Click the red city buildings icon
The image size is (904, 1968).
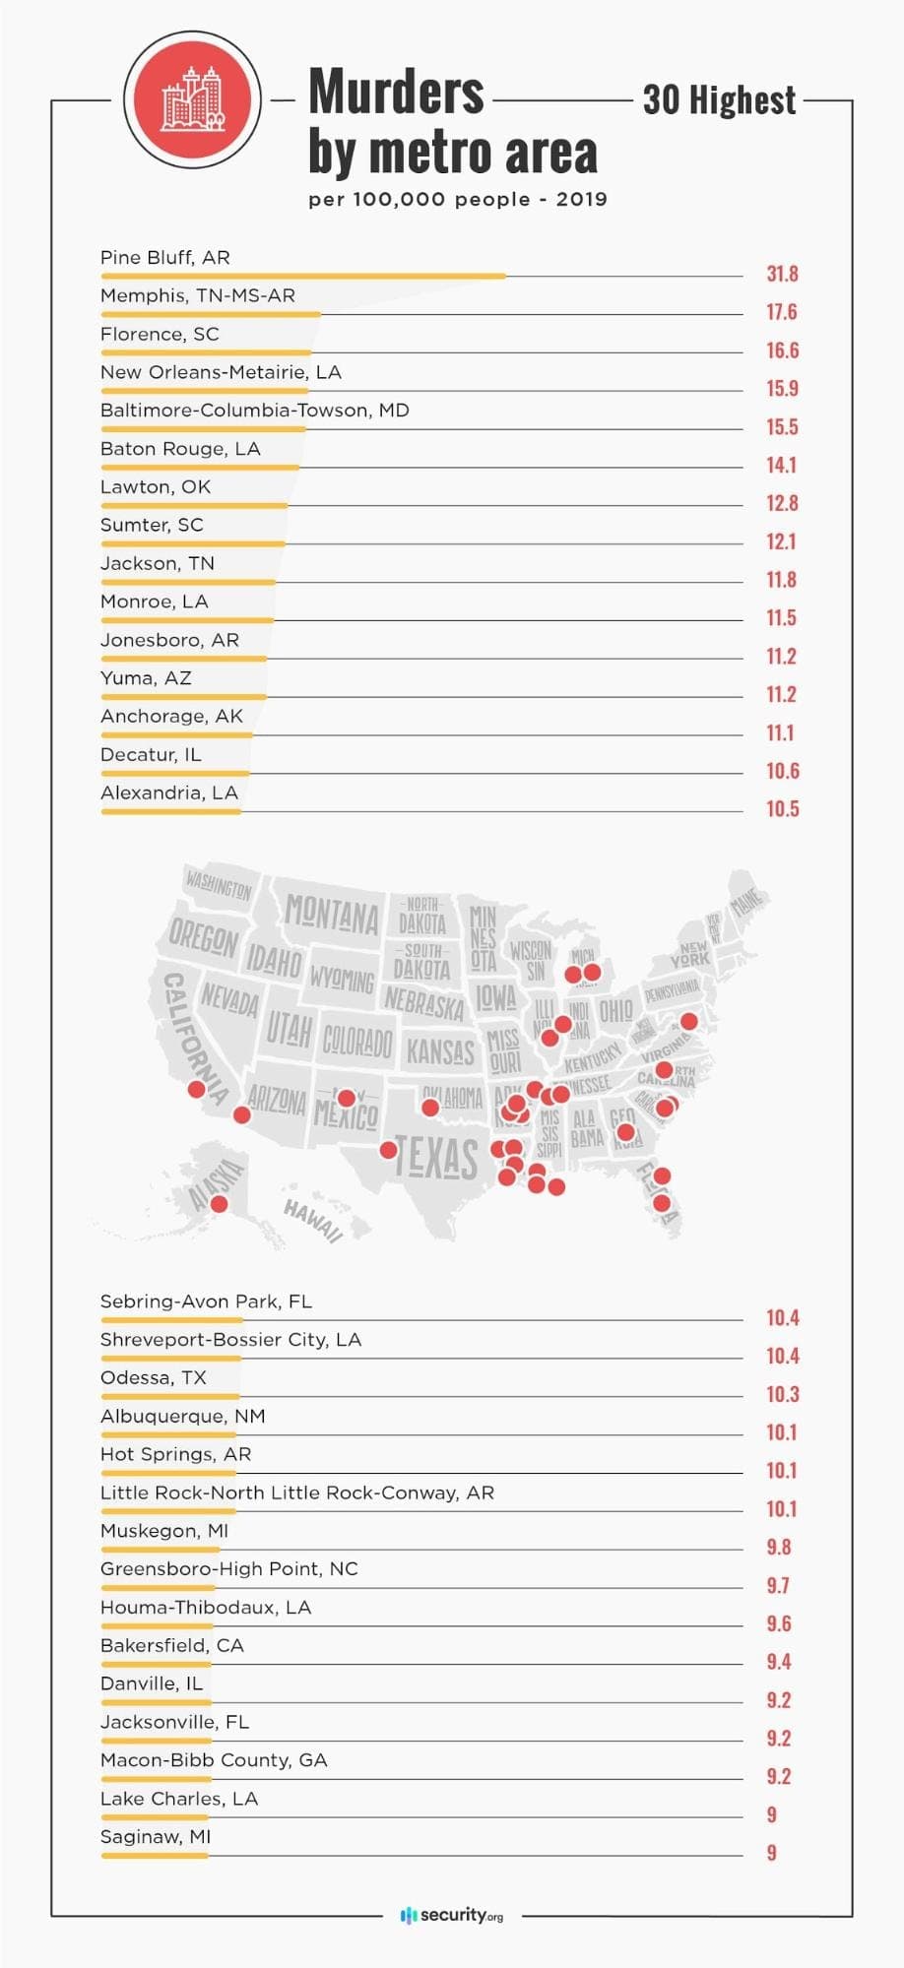193,99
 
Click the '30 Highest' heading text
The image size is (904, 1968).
719,100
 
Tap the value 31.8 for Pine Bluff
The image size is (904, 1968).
782,274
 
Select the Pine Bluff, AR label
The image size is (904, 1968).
164,258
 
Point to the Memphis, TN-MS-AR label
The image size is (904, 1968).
197,296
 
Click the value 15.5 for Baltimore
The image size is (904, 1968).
782,427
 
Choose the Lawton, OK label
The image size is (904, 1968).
155,487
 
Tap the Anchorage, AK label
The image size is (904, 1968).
171,717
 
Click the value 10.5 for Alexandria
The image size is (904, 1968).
782,809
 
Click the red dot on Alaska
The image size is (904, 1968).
220,1204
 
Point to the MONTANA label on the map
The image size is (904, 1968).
331,915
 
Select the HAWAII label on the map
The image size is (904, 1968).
313,1221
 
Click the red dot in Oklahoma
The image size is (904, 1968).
429,1108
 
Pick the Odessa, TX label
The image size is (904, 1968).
153,1378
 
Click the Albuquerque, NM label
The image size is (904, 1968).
182,1417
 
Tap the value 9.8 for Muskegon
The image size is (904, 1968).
778,1548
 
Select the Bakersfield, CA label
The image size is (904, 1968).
171,1646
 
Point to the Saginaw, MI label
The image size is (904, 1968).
155,1837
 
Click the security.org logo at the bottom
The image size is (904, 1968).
452,1915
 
